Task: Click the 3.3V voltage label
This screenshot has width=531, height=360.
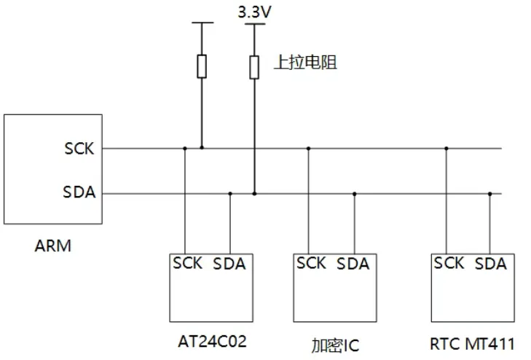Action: click(x=255, y=12)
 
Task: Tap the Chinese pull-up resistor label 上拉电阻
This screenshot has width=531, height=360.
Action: click(x=305, y=63)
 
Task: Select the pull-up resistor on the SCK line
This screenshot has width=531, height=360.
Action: click(x=202, y=66)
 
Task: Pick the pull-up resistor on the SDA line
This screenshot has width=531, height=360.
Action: click(x=254, y=67)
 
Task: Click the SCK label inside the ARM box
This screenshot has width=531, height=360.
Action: click(x=79, y=149)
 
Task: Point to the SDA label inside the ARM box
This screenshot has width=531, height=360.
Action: click(x=79, y=192)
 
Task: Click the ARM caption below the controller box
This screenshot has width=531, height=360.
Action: click(x=53, y=246)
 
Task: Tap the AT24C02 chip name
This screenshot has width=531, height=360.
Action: click(x=213, y=341)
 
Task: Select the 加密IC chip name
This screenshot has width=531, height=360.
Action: click(x=335, y=345)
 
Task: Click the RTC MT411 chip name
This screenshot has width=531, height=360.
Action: click(x=473, y=344)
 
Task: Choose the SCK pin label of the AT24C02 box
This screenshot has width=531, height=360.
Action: click(x=187, y=263)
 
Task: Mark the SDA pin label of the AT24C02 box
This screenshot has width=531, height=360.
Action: click(x=229, y=264)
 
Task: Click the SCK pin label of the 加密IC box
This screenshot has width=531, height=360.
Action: click(x=311, y=263)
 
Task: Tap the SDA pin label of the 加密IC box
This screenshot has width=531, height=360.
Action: click(x=353, y=264)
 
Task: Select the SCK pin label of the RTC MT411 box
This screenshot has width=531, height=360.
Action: click(x=449, y=263)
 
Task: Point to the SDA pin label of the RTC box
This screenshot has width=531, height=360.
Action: click(x=491, y=264)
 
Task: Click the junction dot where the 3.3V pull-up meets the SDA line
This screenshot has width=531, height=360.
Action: click(x=254, y=194)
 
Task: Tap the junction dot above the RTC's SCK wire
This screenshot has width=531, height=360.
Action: click(x=447, y=149)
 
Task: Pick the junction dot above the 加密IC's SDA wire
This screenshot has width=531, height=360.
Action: click(x=354, y=194)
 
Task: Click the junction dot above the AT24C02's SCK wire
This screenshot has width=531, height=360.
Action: click(x=185, y=149)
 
